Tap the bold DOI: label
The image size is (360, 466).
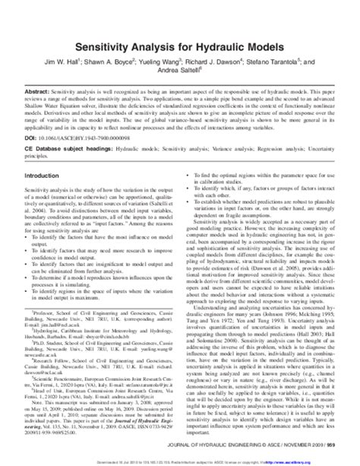tap(34, 141)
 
